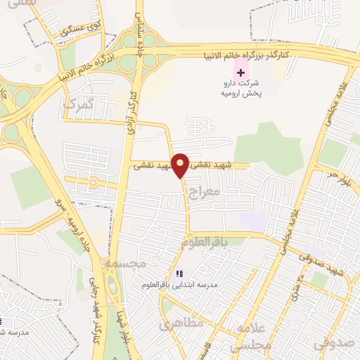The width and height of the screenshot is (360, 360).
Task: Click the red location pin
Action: pyautogui.click(x=181, y=165)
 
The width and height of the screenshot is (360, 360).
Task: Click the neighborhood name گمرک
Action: pyautogui.click(x=77, y=105)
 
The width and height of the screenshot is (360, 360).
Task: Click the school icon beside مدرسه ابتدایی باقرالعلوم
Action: pyautogui.click(x=179, y=274)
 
